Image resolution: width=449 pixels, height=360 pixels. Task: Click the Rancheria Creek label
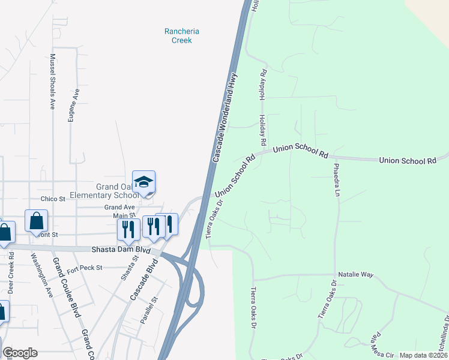pyautogui.click(x=181, y=36)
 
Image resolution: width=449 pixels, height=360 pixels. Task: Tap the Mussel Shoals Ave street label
pyautogui.click(x=53, y=82)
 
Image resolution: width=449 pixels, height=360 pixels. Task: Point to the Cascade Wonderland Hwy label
pyautogui.click(x=225, y=118)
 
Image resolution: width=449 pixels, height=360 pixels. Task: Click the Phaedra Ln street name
pyautogui.click(x=337, y=180)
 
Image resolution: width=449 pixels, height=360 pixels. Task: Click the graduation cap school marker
pyautogui.click(x=144, y=182)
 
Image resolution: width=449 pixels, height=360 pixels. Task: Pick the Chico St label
pyautogui.click(x=53, y=199)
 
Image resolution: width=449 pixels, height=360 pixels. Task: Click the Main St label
pyautogui.click(x=124, y=215)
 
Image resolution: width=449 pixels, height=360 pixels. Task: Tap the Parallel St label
pyautogui.click(x=148, y=310)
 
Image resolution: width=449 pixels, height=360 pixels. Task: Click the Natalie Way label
pyautogui.click(x=355, y=274)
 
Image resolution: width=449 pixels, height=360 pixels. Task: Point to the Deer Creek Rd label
pyautogui.click(x=11, y=277)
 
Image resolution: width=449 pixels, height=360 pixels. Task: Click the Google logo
pyautogui.click(x=20, y=353)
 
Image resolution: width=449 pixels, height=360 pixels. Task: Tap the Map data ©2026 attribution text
pyautogui.click(x=423, y=355)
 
